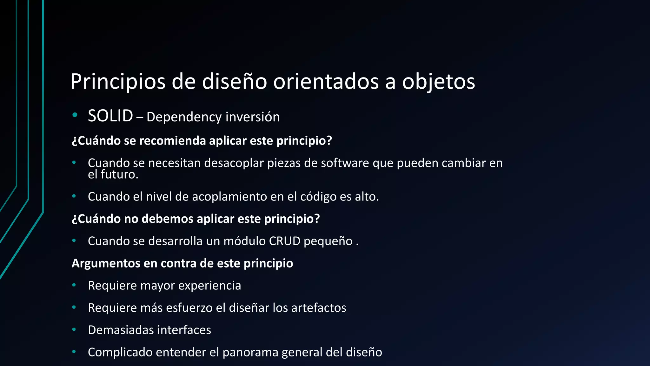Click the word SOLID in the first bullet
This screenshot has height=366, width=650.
(110, 116)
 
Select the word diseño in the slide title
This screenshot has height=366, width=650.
(235, 82)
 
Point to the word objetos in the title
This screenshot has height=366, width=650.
(439, 82)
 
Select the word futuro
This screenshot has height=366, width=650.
(119, 174)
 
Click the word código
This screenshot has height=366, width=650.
(318, 197)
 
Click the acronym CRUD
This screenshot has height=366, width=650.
(284, 241)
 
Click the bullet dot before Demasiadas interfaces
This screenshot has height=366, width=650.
(74, 330)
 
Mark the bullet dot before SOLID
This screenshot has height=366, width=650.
(75, 115)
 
